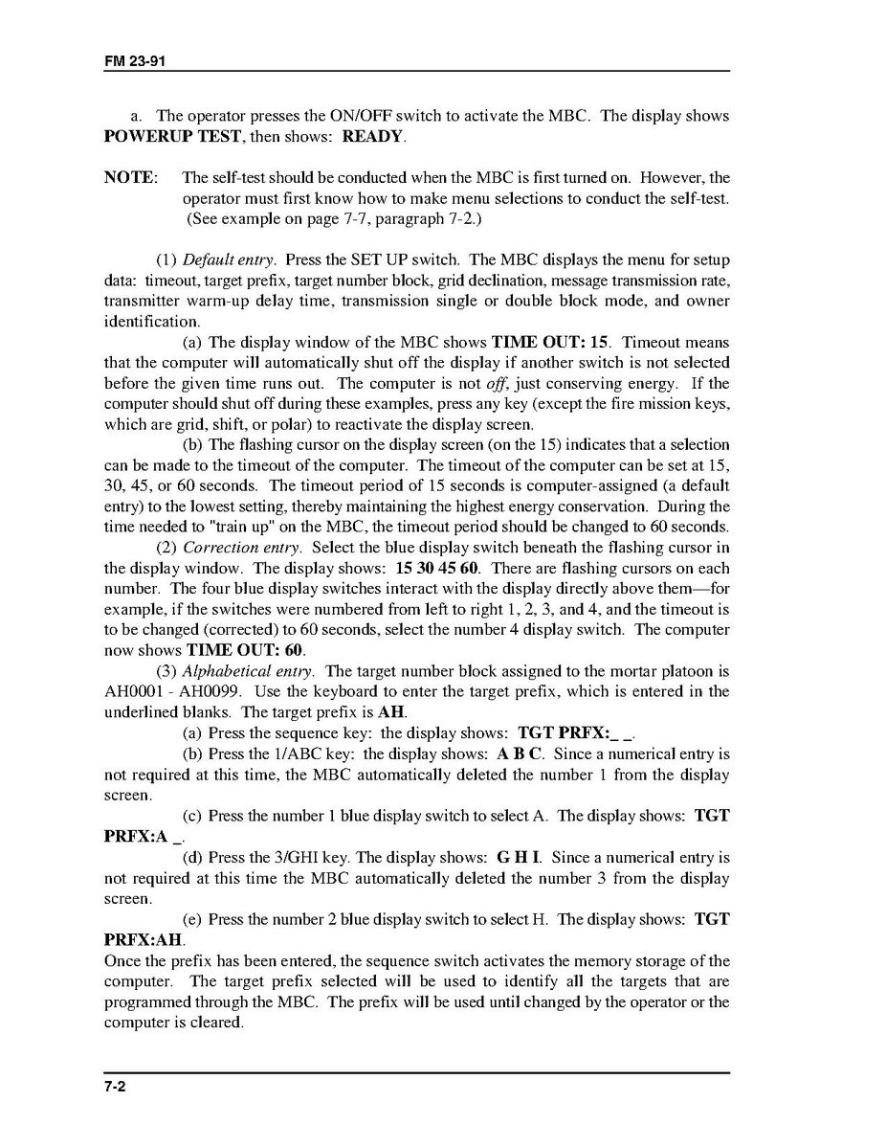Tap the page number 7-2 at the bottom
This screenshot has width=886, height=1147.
[115, 1088]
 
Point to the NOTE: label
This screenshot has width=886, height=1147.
[129, 178]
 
